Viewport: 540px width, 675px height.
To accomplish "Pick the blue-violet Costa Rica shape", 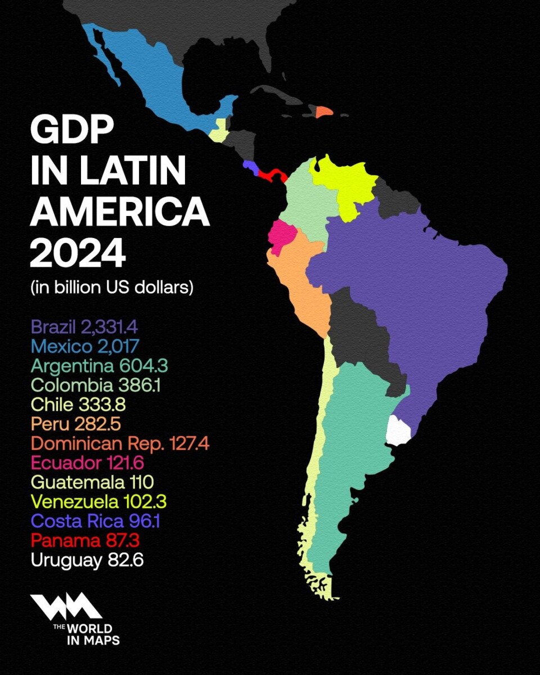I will point(250,167).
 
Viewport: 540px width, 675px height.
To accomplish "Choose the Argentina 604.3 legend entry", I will point(99,366).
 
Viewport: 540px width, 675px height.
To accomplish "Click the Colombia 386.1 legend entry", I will point(96,385).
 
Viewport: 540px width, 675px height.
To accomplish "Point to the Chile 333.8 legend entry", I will point(78,404).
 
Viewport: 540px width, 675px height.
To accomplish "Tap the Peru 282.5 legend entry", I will point(75,424).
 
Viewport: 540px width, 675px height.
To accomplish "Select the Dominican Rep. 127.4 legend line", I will point(120,443).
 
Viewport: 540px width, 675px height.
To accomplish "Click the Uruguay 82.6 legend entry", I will point(87,560).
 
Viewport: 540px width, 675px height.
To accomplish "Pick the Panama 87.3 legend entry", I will point(85,541).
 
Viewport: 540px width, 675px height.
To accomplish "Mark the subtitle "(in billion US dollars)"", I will point(112,287).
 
